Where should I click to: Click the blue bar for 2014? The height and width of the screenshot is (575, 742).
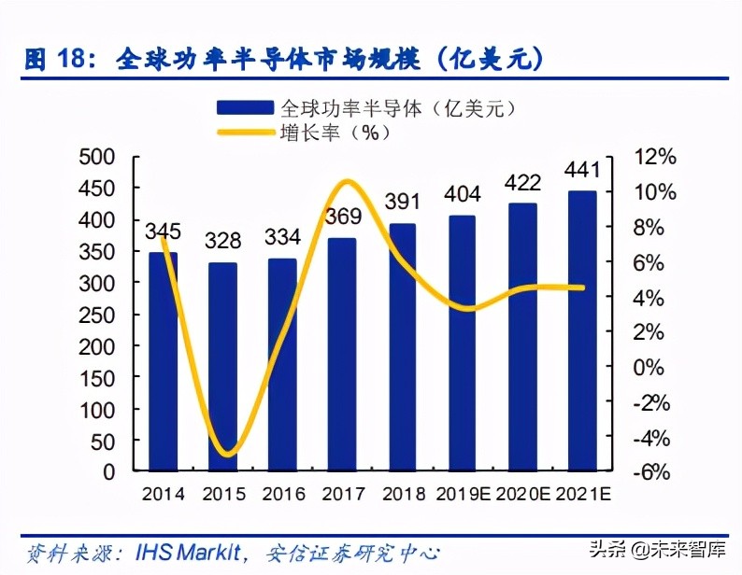point(163,362)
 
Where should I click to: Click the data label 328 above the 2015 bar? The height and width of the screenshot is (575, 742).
point(222,240)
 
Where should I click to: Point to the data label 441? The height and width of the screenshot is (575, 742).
point(581,170)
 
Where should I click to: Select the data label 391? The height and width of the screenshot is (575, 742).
point(402,202)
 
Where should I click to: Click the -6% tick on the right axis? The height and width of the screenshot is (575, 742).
point(651,472)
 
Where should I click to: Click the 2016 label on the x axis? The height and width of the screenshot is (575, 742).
point(282,492)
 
